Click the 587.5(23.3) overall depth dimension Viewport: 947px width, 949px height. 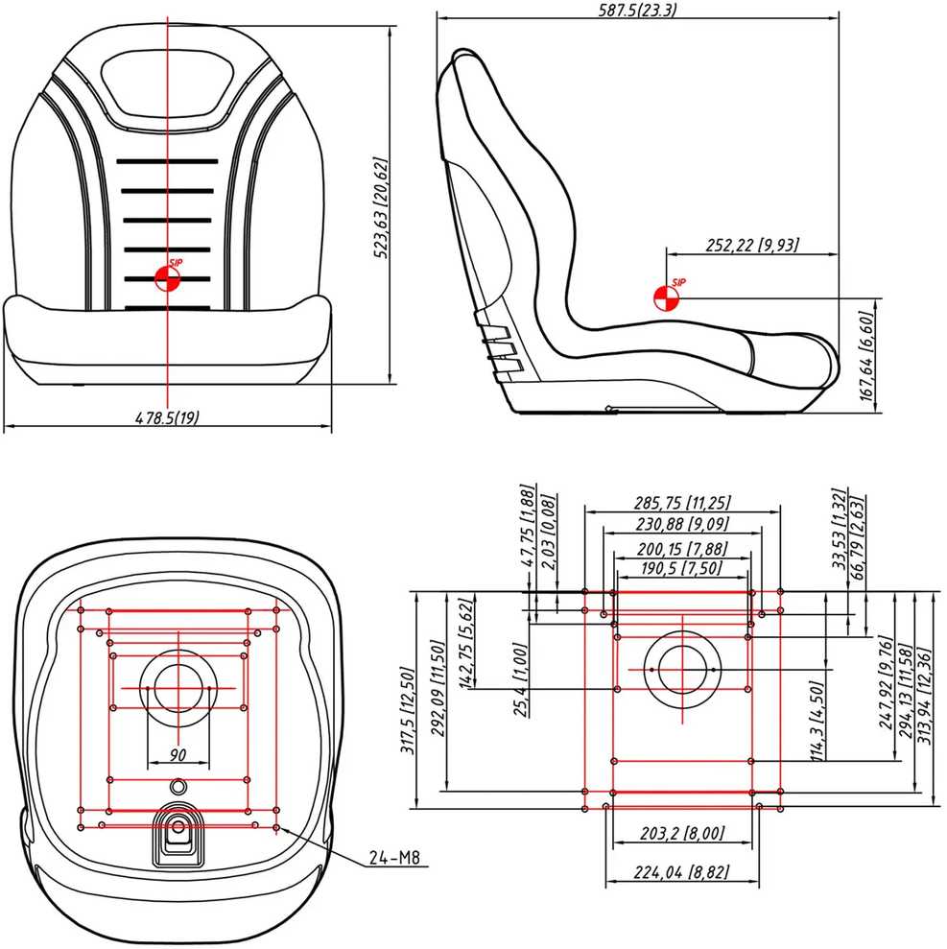(x=637, y=10)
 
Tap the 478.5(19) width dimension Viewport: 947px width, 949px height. (x=166, y=417)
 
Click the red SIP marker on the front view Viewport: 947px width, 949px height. (x=168, y=278)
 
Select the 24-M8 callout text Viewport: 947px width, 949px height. (x=394, y=858)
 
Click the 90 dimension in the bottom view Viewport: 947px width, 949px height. (x=178, y=755)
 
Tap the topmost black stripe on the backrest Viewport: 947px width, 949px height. (x=167, y=161)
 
